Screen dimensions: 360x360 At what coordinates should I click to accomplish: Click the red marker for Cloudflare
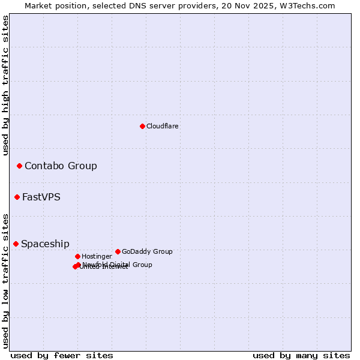(142, 126)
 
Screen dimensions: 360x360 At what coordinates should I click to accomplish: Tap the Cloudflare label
(163, 126)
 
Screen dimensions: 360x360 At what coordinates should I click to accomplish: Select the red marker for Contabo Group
(19, 166)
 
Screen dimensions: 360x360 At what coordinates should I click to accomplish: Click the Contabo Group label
(61, 166)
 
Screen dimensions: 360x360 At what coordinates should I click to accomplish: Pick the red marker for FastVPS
(17, 197)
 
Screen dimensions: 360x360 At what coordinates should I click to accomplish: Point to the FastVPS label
(41, 197)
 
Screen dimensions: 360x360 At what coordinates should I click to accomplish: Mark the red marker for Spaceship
(16, 244)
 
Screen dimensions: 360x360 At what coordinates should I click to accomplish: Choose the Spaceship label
(45, 244)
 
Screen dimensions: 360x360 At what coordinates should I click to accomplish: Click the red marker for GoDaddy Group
(118, 251)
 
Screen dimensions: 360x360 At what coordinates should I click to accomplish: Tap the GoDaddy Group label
(147, 251)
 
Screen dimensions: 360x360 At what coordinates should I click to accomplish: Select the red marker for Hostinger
(77, 256)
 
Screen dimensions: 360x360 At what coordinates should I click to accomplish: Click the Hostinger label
(97, 256)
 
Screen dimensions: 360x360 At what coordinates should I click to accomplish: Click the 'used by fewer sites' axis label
(62, 355)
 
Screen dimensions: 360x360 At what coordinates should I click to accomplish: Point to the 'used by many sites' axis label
(301, 355)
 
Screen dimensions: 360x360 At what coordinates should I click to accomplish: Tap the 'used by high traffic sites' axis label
(5, 85)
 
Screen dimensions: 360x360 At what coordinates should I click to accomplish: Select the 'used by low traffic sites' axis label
(5, 280)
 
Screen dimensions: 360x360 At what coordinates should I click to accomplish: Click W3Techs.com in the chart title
(310, 5)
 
